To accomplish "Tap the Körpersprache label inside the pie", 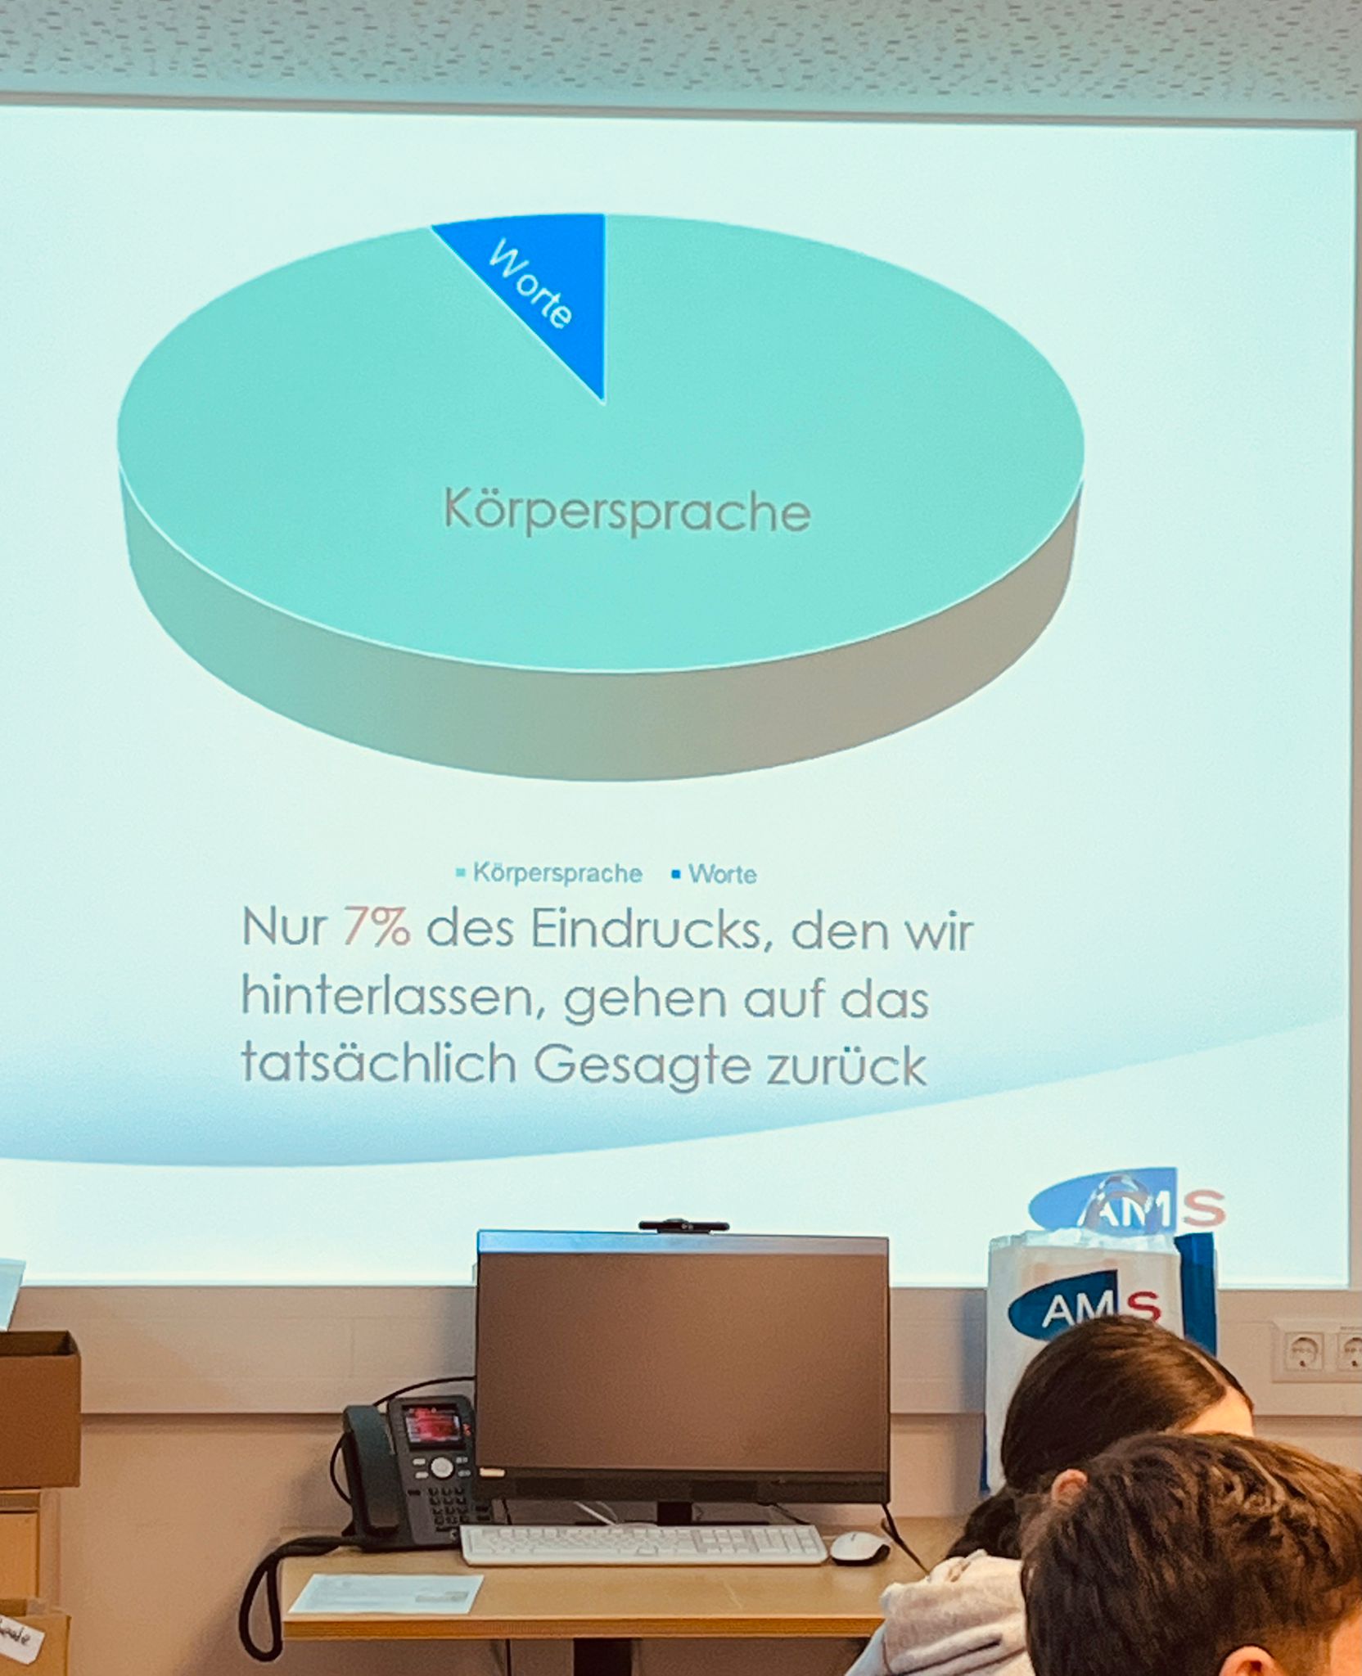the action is coord(627,511).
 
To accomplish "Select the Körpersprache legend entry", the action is coord(549,873).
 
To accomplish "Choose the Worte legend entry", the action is coord(714,874).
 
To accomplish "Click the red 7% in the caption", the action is coord(377,928).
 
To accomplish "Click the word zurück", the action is coord(846,1065).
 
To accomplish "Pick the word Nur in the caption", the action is coord(284,928).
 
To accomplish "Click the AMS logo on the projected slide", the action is coord(1127,1204).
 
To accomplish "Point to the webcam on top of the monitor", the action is coord(683,1225).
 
